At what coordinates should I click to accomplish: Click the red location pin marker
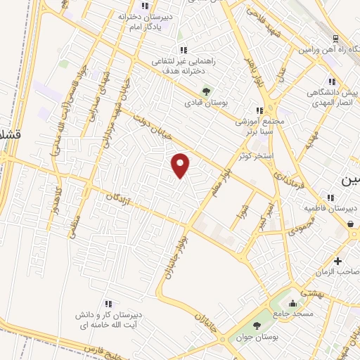click(x=181, y=166)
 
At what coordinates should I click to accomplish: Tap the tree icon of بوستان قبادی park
click(x=206, y=91)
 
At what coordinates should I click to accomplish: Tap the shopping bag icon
click(x=350, y=224)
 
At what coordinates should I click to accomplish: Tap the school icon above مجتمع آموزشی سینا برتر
click(x=259, y=110)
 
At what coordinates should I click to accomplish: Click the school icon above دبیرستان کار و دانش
click(x=108, y=303)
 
